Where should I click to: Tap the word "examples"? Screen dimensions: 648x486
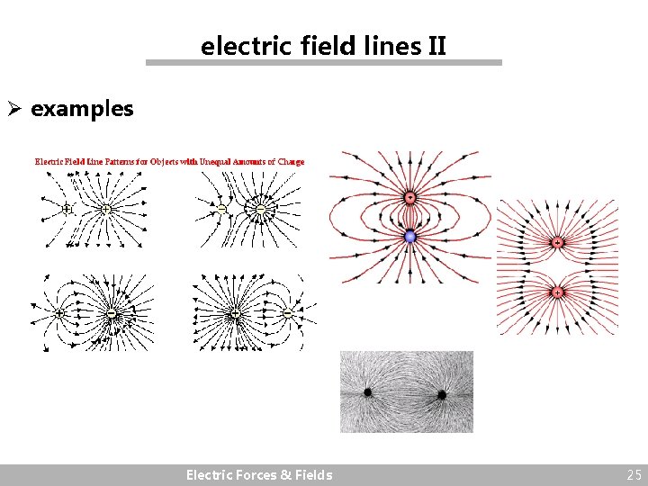tap(82, 110)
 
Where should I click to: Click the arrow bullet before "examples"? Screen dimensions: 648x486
tap(16, 110)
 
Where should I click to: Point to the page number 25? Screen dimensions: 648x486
tap(634, 475)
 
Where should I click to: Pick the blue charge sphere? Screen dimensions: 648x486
tap(410, 237)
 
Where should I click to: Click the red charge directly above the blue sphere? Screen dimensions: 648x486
tap(409, 197)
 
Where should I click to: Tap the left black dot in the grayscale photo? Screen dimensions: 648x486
tap(368, 392)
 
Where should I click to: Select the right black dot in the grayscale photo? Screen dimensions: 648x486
tap(442, 394)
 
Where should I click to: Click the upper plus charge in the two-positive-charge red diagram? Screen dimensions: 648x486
tap(557, 243)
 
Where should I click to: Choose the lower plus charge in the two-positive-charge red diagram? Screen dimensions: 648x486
tap(557, 292)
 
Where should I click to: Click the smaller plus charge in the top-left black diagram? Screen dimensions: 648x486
tap(67, 209)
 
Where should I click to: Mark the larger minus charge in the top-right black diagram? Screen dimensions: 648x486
tap(260, 209)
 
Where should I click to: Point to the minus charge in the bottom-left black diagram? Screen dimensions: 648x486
tap(111, 314)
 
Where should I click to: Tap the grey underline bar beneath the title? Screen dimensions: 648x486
tap(324, 63)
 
